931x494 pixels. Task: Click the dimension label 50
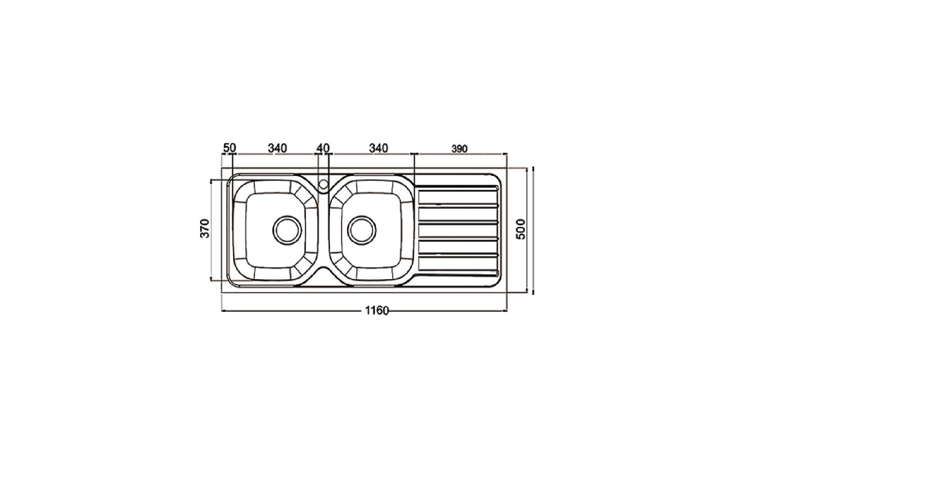(x=230, y=148)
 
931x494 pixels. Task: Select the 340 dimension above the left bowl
(x=277, y=148)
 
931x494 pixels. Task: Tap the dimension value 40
(x=323, y=148)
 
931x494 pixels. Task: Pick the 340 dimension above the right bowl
(x=379, y=148)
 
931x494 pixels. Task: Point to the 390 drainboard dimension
(x=460, y=149)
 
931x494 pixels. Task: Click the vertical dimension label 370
(x=205, y=228)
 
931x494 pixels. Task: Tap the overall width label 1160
(x=377, y=311)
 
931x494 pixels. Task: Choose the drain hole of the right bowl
(x=362, y=230)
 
